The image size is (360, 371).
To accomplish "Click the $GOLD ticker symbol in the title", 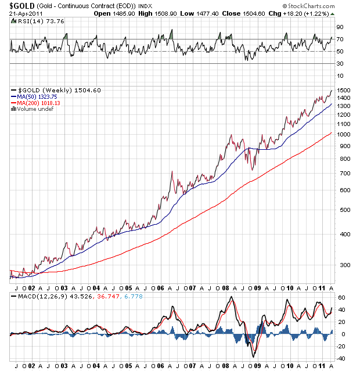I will coord(20,5).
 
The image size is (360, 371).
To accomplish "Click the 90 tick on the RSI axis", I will coord(340,27).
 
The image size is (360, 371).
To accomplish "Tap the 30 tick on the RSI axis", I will coord(340,64).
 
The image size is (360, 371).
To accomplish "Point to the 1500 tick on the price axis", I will coord(343,91).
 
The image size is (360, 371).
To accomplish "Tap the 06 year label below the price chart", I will coord(160,287).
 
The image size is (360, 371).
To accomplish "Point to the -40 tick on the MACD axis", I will coord(341,358).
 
